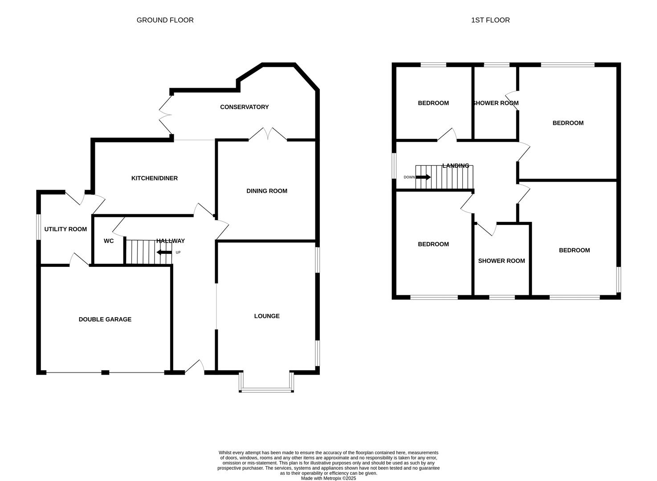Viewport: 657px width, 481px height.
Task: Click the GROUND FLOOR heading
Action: [x=165, y=20]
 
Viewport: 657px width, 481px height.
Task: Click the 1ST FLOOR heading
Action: [x=490, y=20]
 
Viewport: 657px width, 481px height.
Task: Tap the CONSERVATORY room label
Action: [x=244, y=107]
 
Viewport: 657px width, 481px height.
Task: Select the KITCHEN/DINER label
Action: [x=154, y=178]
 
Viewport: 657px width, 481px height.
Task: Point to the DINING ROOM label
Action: [x=266, y=191]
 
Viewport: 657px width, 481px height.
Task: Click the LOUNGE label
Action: [x=266, y=316]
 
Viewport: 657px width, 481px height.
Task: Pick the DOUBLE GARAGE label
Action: [x=105, y=319]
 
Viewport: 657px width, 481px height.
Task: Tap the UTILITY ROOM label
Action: [x=65, y=229]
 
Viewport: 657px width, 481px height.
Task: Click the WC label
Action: [x=109, y=241]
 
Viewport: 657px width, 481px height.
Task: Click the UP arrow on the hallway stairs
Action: [x=164, y=253]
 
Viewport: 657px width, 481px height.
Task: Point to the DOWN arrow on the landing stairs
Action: [x=423, y=177]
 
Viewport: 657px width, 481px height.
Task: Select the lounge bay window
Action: [x=266, y=390]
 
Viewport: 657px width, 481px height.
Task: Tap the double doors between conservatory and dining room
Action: [x=267, y=134]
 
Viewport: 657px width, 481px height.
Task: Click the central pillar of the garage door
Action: [x=105, y=372]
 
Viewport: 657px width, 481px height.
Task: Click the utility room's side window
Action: [x=38, y=229]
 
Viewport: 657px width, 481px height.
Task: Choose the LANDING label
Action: [x=455, y=166]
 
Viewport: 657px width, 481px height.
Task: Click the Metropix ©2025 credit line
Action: [x=328, y=478]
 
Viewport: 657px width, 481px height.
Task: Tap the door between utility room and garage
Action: [x=79, y=260]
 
